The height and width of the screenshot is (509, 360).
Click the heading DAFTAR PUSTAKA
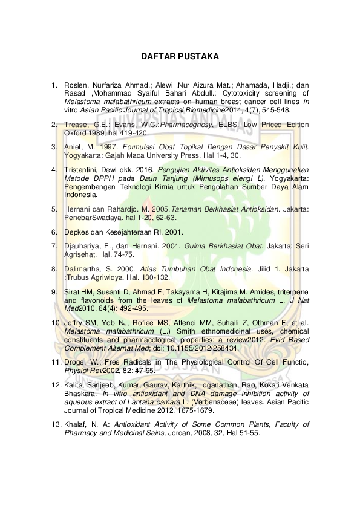(x=180, y=57)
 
